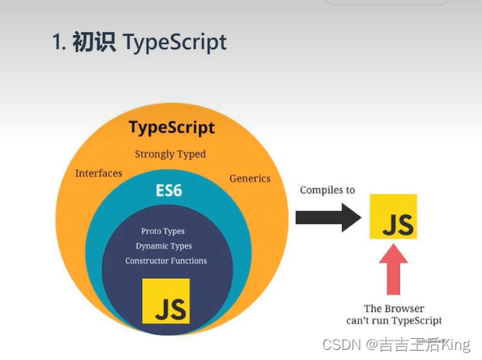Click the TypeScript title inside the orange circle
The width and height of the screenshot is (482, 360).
[x=172, y=127]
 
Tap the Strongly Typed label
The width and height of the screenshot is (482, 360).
[x=170, y=154]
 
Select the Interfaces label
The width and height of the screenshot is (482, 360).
[x=98, y=173]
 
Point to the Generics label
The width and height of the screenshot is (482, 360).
[x=250, y=178]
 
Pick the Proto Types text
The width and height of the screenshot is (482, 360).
[x=162, y=231]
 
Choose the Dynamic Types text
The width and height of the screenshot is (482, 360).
[x=164, y=246]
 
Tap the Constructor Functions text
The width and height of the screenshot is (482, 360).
[x=166, y=261]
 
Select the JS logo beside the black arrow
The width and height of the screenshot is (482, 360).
[x=393, y=217]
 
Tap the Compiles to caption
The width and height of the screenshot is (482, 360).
[x=328, y=190]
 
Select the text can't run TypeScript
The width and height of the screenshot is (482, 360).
[x=394, y=320]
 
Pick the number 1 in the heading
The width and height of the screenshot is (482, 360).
[x=57, y=42]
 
